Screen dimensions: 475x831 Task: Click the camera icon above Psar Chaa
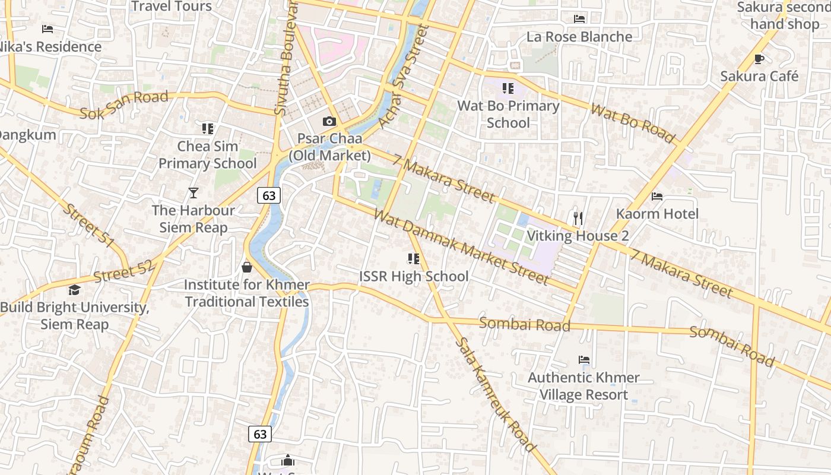329,122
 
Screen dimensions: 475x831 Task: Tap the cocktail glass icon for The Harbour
193,192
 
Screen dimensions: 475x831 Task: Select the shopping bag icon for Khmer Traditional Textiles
247,268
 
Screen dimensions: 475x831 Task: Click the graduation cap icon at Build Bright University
74,290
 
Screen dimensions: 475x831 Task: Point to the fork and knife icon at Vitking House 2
578,218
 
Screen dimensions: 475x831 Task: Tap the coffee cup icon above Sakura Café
759,59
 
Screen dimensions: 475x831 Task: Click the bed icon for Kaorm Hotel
657,197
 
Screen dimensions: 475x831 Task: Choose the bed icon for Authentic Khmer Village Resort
584,360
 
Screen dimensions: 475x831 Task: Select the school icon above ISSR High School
414,259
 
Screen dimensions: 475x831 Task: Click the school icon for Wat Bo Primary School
508,88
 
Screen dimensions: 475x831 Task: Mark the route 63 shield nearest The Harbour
269,195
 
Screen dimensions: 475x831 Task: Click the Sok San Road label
124,104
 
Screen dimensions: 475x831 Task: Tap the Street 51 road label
89,226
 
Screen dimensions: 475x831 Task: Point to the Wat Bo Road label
633,124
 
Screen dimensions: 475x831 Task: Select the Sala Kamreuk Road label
496,395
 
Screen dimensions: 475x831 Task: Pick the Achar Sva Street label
403,77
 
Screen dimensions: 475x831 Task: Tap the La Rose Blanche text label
579,37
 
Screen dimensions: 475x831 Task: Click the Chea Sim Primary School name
207,154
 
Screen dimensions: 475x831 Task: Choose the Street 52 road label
123,271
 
